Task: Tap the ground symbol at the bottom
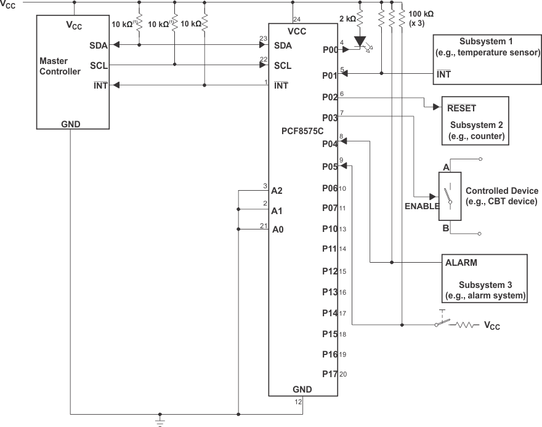coord(160,421)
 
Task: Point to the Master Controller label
coord(60,66)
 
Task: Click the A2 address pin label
coord(277,190)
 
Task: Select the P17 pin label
coord(330,373)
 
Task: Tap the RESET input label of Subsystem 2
coord(461,108)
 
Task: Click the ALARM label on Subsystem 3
coord(461,262)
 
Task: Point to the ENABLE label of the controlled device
coord(422,206)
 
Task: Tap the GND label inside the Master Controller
coord(71,124)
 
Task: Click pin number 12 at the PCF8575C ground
coord(298,402)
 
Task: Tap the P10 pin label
coord(330,229)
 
